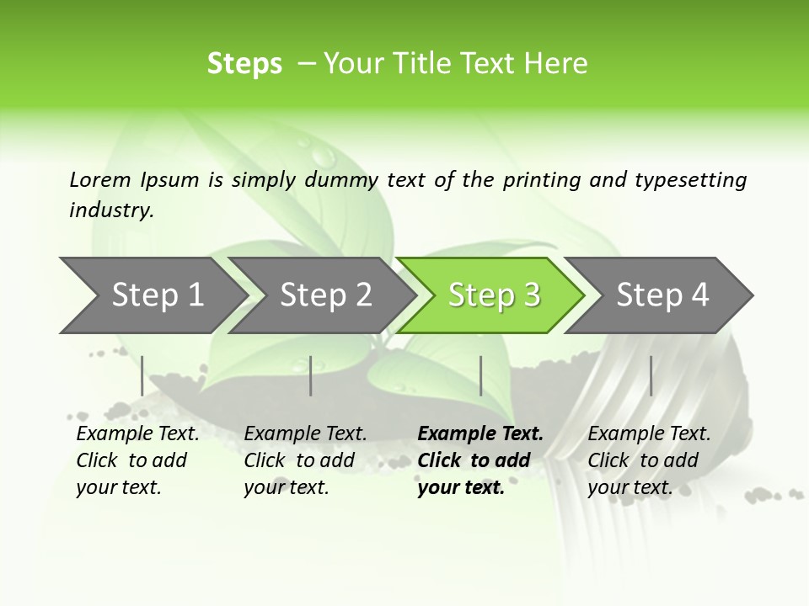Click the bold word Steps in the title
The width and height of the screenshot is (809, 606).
[244, 64]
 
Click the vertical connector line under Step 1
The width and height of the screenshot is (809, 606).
[142, 375]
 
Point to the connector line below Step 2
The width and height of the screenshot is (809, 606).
[311, 375]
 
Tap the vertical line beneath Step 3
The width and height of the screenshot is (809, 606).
[480, 375]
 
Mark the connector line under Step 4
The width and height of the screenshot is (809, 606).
[651, 375]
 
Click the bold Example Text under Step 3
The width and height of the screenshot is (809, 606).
[480, 434]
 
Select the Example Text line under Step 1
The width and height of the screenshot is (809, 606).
[137, 434]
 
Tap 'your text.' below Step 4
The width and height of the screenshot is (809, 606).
[630, 487]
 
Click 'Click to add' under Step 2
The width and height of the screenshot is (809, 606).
[299, 460]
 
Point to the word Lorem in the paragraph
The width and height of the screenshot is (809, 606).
[100, 179]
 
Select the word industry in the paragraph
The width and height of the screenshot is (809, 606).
[111, 210]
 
